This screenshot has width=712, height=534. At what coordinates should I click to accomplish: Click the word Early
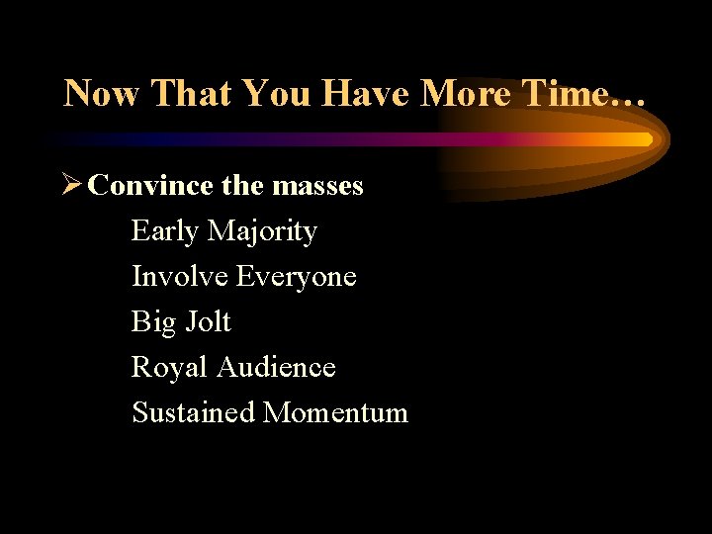(x=165, y=231)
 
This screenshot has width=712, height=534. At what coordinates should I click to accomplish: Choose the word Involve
(x=180, y=277)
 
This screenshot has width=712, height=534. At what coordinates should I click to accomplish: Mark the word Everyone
(x=297, y=277)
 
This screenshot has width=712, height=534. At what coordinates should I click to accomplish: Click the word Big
(x=153, y=322)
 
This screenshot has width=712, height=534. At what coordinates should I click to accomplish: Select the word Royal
(x=170, y=367)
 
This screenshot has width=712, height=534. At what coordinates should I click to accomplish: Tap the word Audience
(x=276, y=367)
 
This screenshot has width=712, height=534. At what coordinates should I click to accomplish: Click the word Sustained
(x=194, y=412)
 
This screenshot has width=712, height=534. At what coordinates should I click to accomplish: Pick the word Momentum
(x=335, y=412)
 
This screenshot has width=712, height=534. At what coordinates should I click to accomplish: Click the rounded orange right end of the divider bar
(x=644, y=139)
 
